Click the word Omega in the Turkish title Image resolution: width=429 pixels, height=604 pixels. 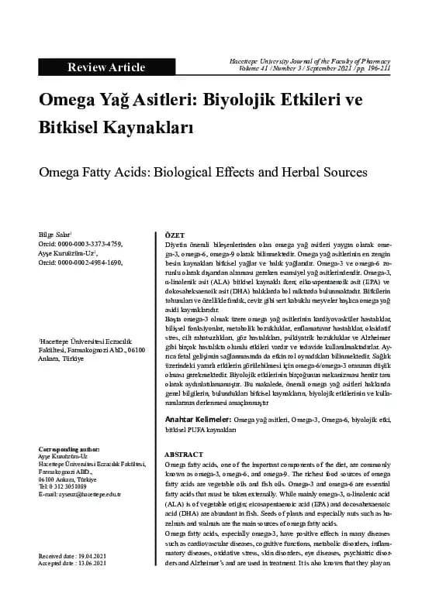(x=71, y=103)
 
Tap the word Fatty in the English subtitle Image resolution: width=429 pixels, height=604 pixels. (x=106, y=171)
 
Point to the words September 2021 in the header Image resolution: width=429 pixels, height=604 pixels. (x=321, y=69)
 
